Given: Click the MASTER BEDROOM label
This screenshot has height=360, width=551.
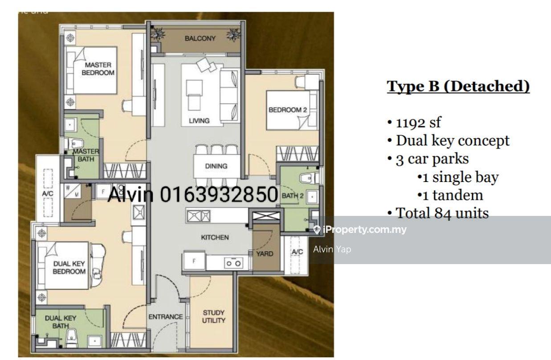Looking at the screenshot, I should pyautogui.click(x=98, y=69).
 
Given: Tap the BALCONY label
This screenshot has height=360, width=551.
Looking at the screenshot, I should pyautogui.click(x=200, y=38).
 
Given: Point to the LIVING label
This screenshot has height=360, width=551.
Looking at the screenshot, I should pyautogui.click(x=199, y=120).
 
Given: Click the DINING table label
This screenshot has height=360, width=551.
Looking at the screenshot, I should pyautogui.click(x=216, y=166).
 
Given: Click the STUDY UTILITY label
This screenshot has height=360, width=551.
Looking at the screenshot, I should pyautogui.click(x=213, y=316).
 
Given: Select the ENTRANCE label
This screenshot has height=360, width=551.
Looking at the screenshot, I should pyautogui.click(x=165, y=317).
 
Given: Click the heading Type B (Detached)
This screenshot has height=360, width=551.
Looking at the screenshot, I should pyautogui.click(x=458, y=86).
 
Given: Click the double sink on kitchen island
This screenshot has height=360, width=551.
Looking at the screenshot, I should pyautogui.click(x=199, y=216).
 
